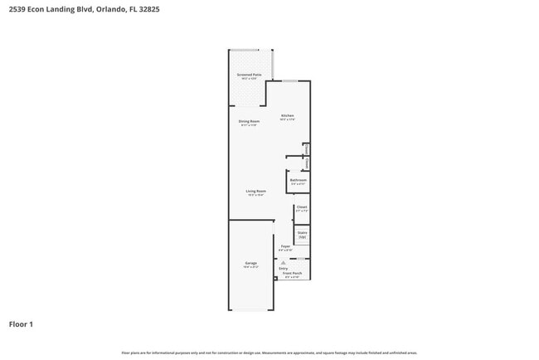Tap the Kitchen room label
(x=287, y=115)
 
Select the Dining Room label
(x=249, y=121)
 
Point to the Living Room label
(x=255, y=191)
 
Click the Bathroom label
(x=299, y=179)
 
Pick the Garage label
(x=250, y=263)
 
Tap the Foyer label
(x=284, y=246)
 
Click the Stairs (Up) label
(x=303, y=235)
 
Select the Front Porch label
(x=292, y=273)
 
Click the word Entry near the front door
(x=284, y=268)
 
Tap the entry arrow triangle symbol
(x=283, y=262)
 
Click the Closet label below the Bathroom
(x=302, y=207)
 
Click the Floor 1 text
(x=21, y=324)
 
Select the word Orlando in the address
(x=113, y=9)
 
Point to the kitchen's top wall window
(x=289, y=81)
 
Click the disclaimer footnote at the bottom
(x=269, y=352)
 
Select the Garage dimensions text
(x=250, y=267)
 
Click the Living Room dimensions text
(x=255, y=195)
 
